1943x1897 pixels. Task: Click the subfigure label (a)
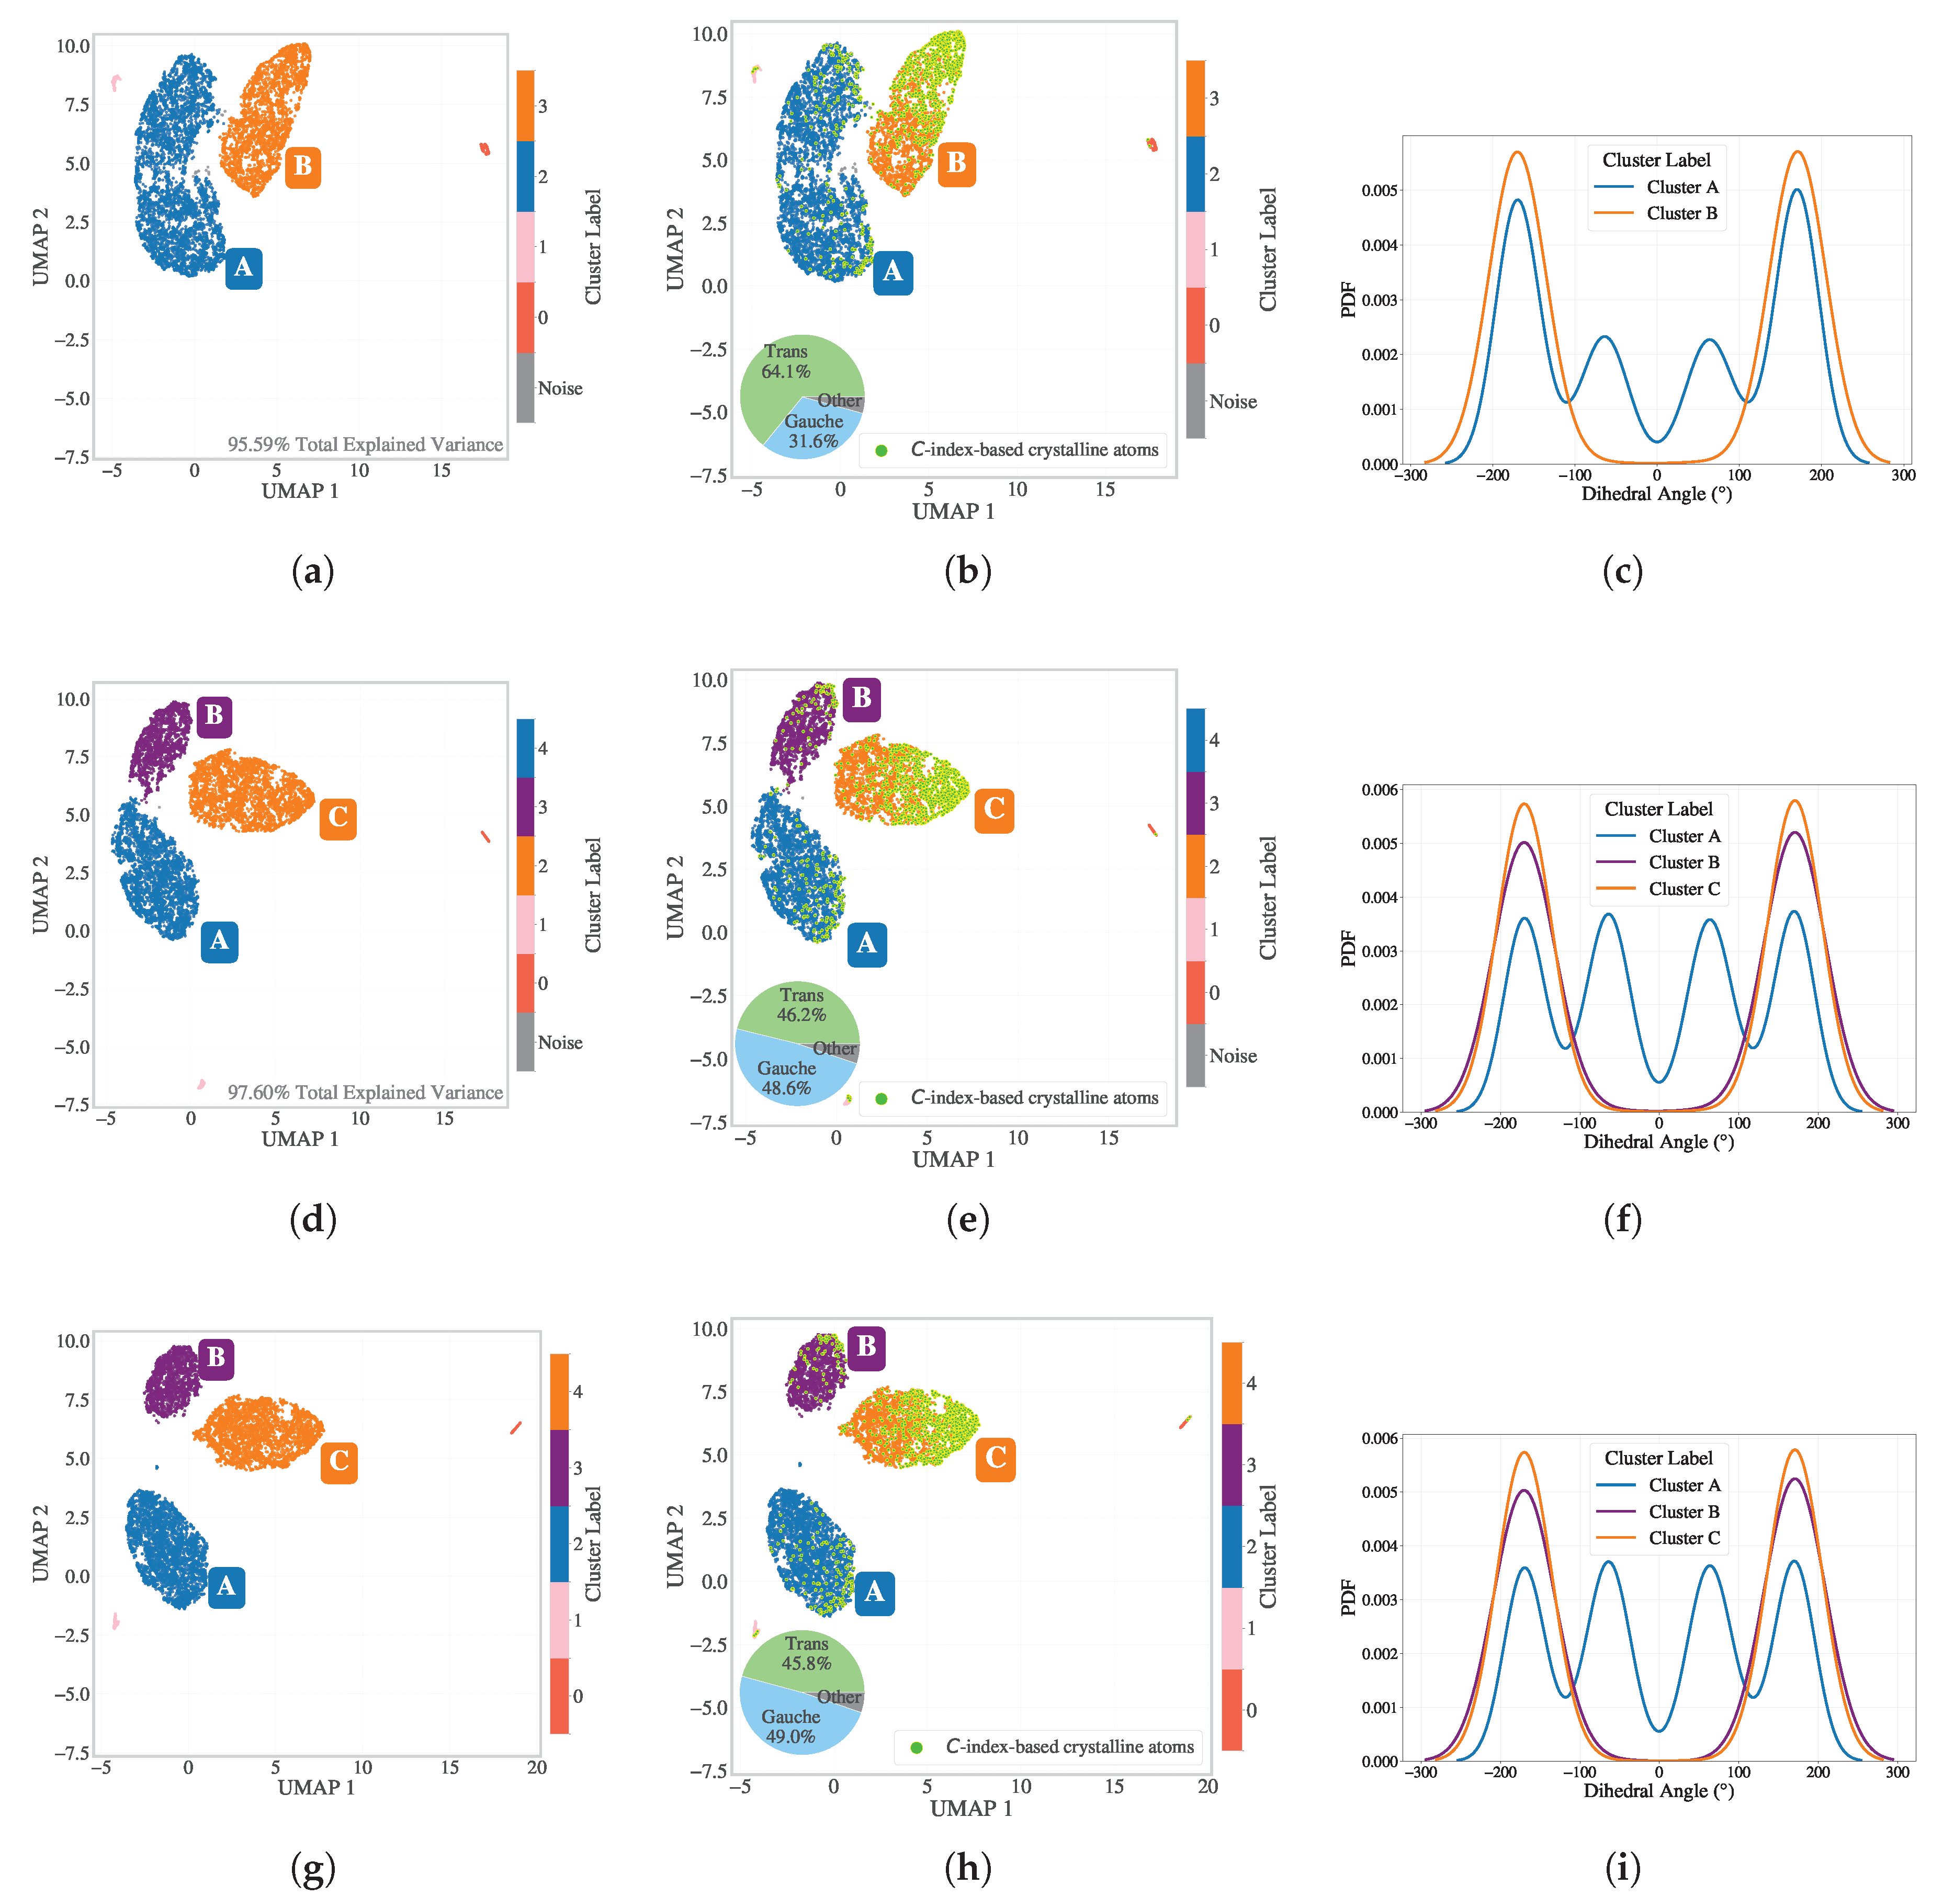pyautogui.click(x=312, y=571)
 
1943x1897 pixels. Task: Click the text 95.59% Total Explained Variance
pyautogui.click(x=365, y=445)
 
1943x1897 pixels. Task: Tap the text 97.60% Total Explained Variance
pyautogui.click(x=365, y=1092)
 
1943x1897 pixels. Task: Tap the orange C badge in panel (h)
pyautogui.click(x=996, y=1459)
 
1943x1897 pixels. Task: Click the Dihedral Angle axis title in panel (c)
pyautogui.click(x=1656, y=493)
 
